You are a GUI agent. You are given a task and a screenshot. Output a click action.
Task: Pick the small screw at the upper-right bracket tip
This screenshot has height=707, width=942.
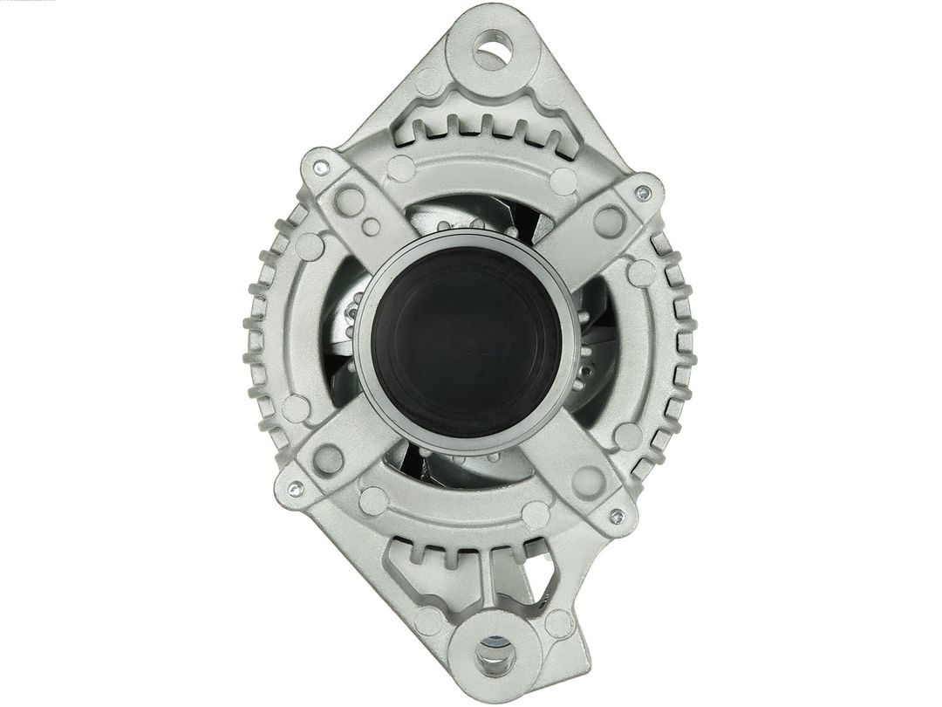(644, 192)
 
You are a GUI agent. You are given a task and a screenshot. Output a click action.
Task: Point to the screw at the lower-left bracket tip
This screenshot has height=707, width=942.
(295, 489)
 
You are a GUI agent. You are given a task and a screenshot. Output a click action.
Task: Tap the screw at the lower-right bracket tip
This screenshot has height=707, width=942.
(617, 515)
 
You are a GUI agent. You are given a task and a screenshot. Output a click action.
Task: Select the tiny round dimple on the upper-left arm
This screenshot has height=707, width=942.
(372, 228)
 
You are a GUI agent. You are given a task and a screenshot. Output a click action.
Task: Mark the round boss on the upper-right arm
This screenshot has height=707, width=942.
(608, 220)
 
